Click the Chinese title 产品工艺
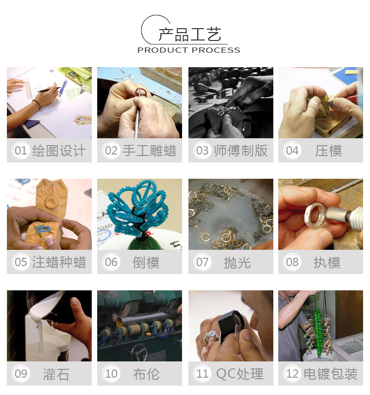coord(189,35)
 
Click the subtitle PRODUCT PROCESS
coord(188,50)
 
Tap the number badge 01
coord(21,151)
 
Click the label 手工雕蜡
coord(149,151)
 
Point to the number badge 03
coord(202,151)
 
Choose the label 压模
coord(329,151)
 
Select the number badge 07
coord(202,262)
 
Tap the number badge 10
coord(111,374)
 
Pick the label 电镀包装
coord(329,374)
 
